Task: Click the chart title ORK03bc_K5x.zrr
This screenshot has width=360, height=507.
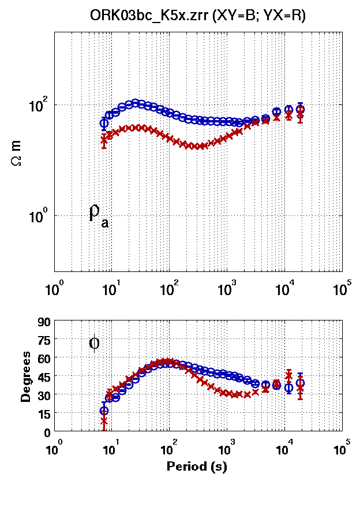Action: pyautogui.click(x=197, y=17)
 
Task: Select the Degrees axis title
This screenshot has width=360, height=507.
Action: pyautogui.click(x=27, y=376)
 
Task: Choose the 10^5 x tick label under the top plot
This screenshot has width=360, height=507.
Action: pyautogui.click(x=342, y=287)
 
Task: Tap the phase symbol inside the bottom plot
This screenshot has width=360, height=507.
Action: pyautogui.click(x=95, y=344)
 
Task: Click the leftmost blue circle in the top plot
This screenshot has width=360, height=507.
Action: pyautogui.click(x=104, y=123)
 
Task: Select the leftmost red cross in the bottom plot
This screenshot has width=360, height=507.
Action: pyautogui.click(x=104, y=421)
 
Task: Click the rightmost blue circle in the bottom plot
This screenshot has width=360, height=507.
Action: pyautogui.click(x=300, y=383)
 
